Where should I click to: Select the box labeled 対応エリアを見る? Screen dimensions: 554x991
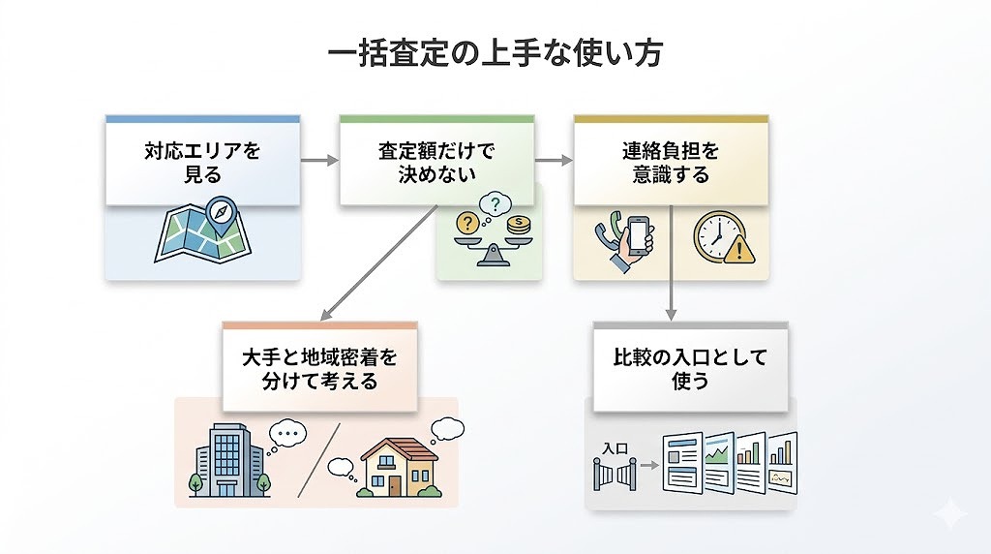[x=202, y=162]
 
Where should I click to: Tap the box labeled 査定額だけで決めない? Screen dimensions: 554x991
[x=436, y=162]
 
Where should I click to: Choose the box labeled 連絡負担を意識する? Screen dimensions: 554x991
[x=671, y=162]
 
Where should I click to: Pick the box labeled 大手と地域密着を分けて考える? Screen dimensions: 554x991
[x=319, y=369]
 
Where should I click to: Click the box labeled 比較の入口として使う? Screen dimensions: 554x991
[x=691, y=369]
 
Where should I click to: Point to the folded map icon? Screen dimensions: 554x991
[x=198, y=234]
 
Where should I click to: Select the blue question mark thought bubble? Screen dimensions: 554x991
[x=496, y=203]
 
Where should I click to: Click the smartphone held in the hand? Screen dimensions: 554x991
[x=638, y=237]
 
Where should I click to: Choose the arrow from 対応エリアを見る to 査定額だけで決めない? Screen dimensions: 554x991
[x=319, y=161]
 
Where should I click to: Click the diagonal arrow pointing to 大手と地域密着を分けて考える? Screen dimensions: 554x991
[x=378, y=265]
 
